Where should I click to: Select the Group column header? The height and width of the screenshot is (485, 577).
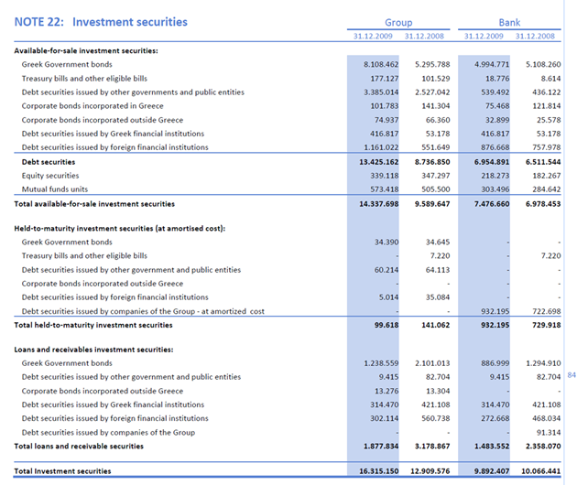click(x=398, y=23)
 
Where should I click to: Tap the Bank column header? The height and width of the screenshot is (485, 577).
click(x=509, y=23)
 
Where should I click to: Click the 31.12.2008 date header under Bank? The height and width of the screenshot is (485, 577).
click(x=536, y=36)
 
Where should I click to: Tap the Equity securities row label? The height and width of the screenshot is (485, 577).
click(x=50, y=176)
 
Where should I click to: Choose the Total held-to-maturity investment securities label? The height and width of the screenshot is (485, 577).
click(x=93, y=325)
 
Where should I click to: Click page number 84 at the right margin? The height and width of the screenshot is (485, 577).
click(x=572, y=375)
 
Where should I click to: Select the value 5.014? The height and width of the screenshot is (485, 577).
click(x=388, y=297)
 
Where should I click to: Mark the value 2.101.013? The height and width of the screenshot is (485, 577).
click(x=432, y=363)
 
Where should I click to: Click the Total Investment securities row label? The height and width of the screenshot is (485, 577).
click(x=63, y=471)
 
